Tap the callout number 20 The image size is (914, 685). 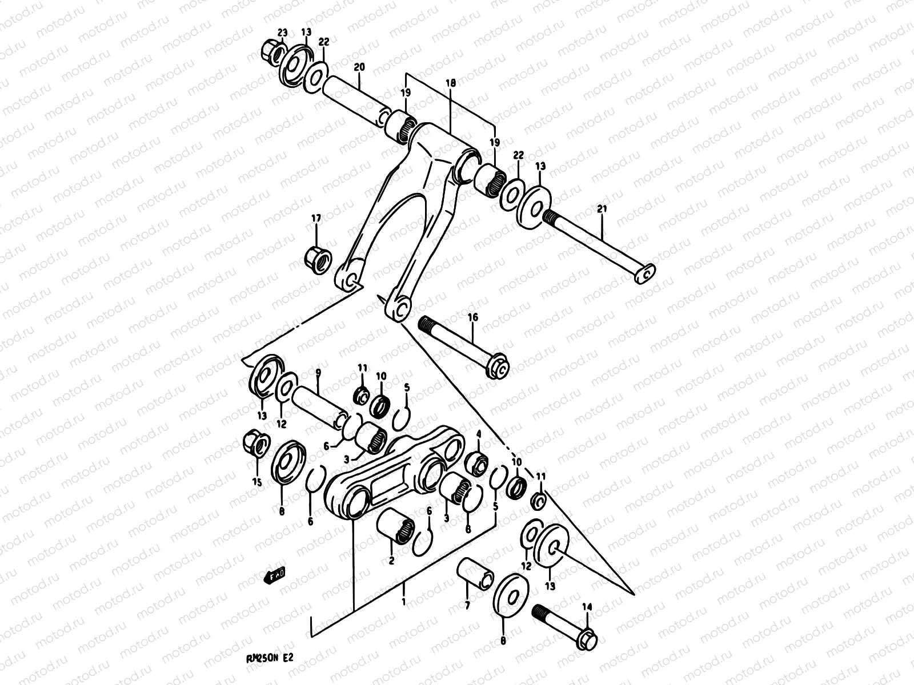(359, 67)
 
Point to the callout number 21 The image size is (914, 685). (601, 209)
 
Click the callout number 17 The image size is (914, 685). (316, 217)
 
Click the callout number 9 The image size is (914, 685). (318, 373)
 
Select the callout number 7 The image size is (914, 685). (467, 605)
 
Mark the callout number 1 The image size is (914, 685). (404, 602)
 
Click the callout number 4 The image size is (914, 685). (479, 434)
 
